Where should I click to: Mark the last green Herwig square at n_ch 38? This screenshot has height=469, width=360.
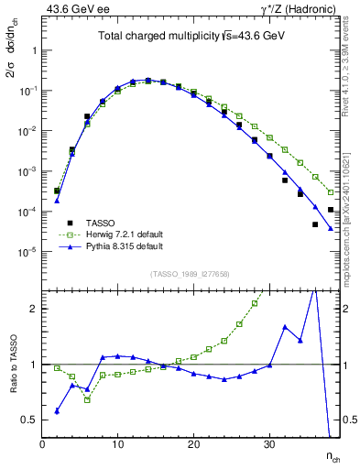pos(331,192)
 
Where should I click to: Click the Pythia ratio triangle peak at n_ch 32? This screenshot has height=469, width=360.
pos(285,327)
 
